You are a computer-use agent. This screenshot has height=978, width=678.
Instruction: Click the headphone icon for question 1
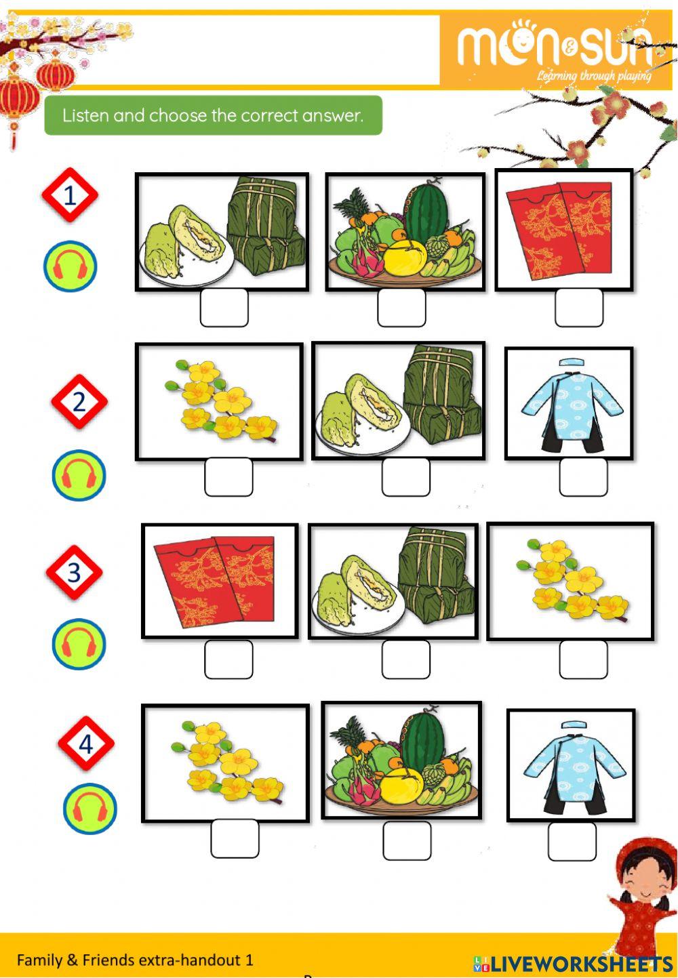tap(70, 266)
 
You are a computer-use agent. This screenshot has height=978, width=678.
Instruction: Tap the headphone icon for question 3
tap(79, 643)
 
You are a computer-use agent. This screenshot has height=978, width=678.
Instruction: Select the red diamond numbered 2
tap(79, 402)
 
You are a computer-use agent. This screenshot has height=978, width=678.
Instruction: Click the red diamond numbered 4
tap(85, 744)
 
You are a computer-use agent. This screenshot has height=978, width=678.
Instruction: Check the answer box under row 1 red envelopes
tap(579, 308)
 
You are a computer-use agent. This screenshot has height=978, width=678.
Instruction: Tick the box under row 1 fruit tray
tap(401, 308)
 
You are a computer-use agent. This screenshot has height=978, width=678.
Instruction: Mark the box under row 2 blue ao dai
tap(583, 476)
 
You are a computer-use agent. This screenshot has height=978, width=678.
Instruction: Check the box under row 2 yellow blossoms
tap(228, 476)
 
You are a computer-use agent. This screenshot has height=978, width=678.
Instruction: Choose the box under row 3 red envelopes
tap(228, 659)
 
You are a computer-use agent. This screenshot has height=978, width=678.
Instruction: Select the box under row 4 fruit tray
tap(407, 840)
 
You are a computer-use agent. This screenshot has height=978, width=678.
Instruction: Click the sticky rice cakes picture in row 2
tap(398, 401)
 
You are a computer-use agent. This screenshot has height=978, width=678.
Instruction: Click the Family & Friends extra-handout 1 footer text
tap(135, 960)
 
